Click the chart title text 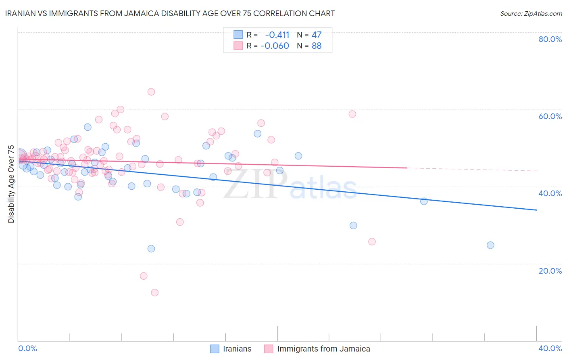pos(170,13)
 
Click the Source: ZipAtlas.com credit pos(531,13)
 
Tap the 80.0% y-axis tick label pos(550,39)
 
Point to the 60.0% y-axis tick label pos(550,116)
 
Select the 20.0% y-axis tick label pos(550,270)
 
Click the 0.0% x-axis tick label pos(27,348)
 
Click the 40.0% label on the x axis pos(550,348)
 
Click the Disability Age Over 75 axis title pos(11,184)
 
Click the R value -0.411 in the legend pos(277,35)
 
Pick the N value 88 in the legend pos(317,46)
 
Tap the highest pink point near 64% pos(151,92)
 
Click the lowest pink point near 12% pos(154,293)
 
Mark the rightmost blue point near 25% pos(490,245)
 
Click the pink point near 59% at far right pos(352,114)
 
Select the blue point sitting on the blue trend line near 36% pos(424,201)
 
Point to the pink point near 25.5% pos(372,242)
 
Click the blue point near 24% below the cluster pos(151,249)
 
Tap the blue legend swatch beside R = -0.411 pos(238,35)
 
